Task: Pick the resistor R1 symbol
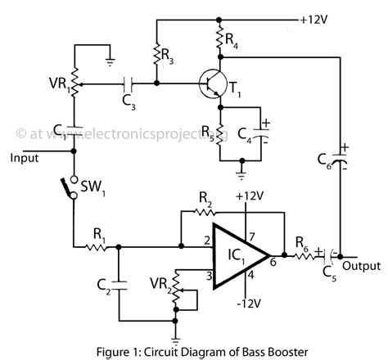pyautogui.click(x=97, y=244)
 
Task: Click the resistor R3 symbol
pyautogui.click(x=156, y=52)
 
